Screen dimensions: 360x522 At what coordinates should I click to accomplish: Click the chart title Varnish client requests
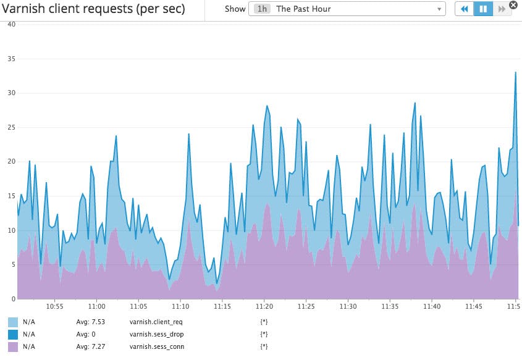tap(93, 9)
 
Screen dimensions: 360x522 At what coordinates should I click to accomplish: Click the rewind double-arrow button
tap(464, 9)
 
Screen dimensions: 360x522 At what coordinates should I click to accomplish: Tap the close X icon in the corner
tap(513, 5)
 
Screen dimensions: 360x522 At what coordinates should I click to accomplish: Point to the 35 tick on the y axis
tap(11, 59)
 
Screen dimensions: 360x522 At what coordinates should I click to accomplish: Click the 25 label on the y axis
tap(11, 127)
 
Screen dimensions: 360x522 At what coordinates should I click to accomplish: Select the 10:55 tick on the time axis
tap(54, 306)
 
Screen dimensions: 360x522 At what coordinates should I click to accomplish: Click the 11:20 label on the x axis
tap(264, 306)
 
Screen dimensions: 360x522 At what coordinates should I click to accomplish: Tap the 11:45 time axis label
tap(474, 306)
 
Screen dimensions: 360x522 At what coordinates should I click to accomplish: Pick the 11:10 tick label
tap(180, 306)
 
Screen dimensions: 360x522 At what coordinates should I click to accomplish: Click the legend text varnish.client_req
tap(156, 322)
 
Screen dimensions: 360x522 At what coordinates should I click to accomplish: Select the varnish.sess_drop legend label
tap(157, 334)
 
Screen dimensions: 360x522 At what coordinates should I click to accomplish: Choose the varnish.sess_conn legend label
tap(157, 346)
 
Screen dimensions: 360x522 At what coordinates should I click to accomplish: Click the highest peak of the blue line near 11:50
tap(516, 72)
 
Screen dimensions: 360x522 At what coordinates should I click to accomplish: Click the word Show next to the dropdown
tap(235, 9)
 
